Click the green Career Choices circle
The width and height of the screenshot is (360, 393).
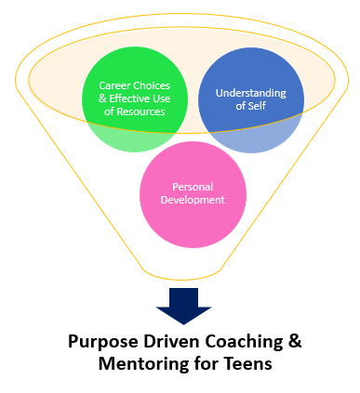[x=136, y=98]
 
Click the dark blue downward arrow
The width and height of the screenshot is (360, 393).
[x=184, y=306]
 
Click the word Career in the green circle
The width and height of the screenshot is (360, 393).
[x=115, y=85]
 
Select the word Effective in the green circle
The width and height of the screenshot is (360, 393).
[x=130, y=98]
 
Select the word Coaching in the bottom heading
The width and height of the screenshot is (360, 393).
[x=242, y=341]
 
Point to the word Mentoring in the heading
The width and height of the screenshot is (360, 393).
[x=143, y=364]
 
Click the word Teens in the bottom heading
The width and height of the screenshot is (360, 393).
[x=248, y=364]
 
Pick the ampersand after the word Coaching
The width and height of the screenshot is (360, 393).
[x=295, y=341]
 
